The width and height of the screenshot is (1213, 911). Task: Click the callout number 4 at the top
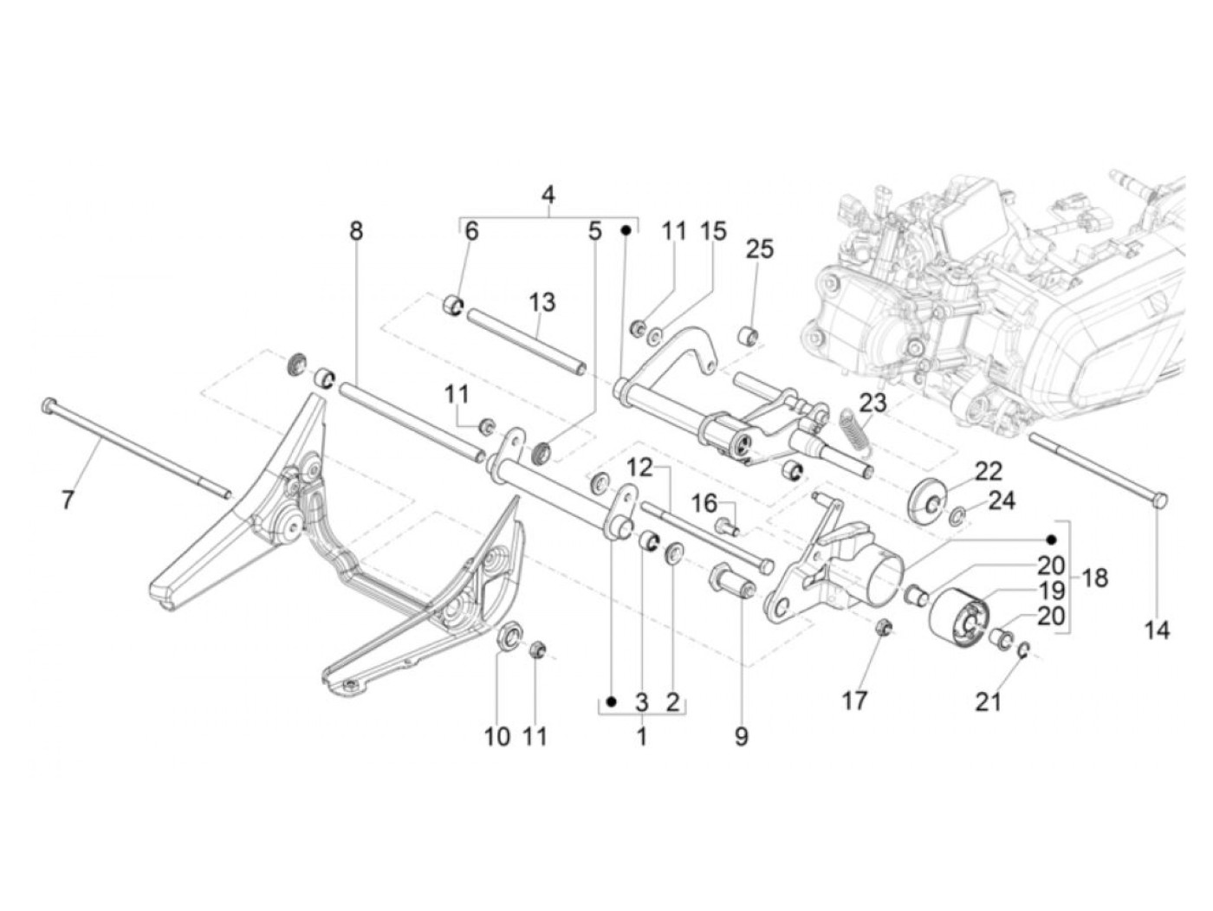pyautogui.click(x=548, y=195)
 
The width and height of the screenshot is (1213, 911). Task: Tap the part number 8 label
pyautogui.click(x=356, y=231)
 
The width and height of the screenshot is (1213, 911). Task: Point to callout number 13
pyautogui.click(x=542, y=302)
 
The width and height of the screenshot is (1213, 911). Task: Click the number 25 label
pyautogui.click(x=759, y=249)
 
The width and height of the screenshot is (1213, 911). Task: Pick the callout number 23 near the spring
pyautogui.click(x=873, y=404)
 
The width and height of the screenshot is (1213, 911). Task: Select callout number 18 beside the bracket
pyautogui.click(x=1095, y=578)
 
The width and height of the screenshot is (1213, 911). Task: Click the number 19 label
pyautogui.click(x=1050, y=591)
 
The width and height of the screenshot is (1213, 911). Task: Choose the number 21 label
pyautogui.click(x=988, y=701)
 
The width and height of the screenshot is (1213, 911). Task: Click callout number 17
pyautogui.click(x=855, y=700)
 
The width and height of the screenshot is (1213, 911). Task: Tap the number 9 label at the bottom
pyautogui.click(x=741, y=736)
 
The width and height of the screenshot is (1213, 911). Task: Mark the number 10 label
pyautogui.click(x=496, y=736)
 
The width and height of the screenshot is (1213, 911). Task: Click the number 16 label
pyautogui.click(x=704, y=503)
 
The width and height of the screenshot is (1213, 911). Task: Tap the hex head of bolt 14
pyautogui.click(x=1158, y=501)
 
